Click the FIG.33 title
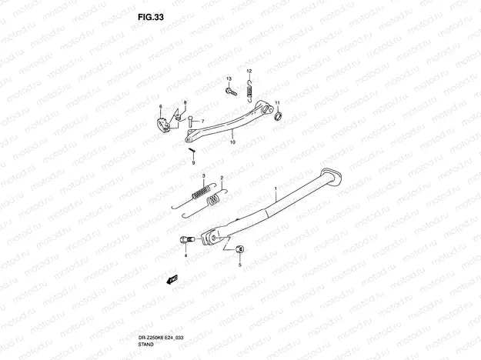(x=151, y=17)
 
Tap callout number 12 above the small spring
(x=249, y=71)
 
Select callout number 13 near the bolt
(x=229, y=78)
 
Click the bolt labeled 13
(x=232, y=91)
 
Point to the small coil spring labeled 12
(x=249, y=90)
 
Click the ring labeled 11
(x=279, y=116)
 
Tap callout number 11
(x=277, y=102)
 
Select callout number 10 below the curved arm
(x=232, y=142)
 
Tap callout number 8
(x=185, y=102)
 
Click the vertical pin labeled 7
(x=191, y=122)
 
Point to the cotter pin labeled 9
(x=192, y=150)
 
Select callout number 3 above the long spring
(x=203, y=175)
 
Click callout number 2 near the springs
(x=222, y=178)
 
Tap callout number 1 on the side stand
(x=276, y=188)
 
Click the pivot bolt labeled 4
(x=186, y=239)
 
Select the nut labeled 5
(x=240, y=249)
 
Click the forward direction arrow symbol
(x=172, y=279)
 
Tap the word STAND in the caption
(x=146, y=345)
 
